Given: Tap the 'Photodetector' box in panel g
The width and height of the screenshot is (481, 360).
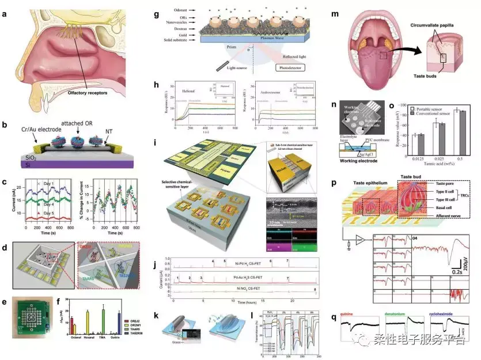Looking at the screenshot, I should tap(292, 68).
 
